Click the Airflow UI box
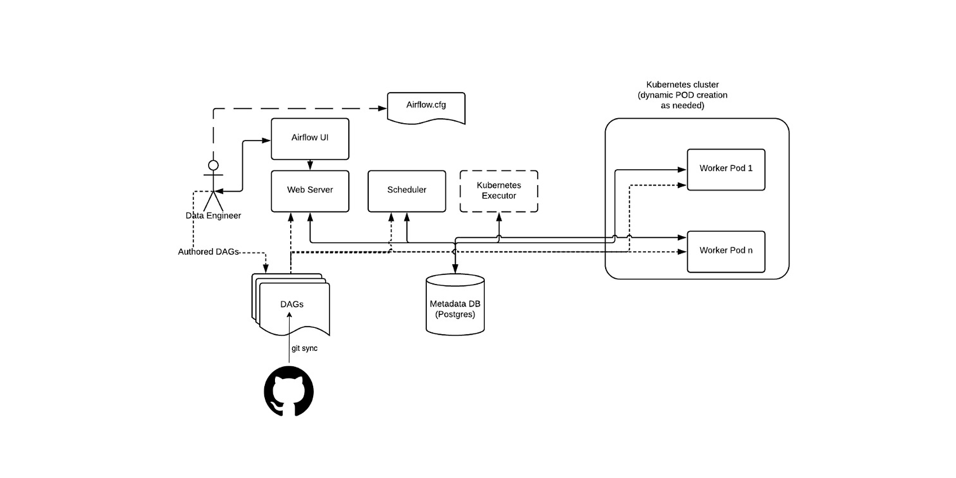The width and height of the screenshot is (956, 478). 310,139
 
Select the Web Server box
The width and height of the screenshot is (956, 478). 310,191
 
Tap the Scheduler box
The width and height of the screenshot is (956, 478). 407,191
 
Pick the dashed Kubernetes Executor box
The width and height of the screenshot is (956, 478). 499,191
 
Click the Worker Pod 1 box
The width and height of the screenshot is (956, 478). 726,169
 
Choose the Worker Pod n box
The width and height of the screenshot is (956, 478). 726,251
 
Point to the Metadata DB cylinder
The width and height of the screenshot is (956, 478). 455,304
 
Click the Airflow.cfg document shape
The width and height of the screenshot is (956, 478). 426,108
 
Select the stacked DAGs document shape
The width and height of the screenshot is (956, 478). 291,304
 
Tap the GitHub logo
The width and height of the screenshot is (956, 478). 289,391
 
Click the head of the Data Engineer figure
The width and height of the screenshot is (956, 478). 213,165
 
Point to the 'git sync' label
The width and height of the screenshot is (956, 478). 304,348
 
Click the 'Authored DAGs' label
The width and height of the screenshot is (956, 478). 208,252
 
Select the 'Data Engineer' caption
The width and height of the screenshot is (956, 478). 213,215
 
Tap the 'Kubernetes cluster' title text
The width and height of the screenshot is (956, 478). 683,84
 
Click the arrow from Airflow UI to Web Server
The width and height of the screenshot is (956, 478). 310,165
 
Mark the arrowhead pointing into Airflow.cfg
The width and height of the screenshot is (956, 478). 383,109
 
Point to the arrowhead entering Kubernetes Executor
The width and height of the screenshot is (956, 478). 499,217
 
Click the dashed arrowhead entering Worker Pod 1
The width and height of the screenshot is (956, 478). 682,185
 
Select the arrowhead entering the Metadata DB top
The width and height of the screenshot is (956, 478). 455,269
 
